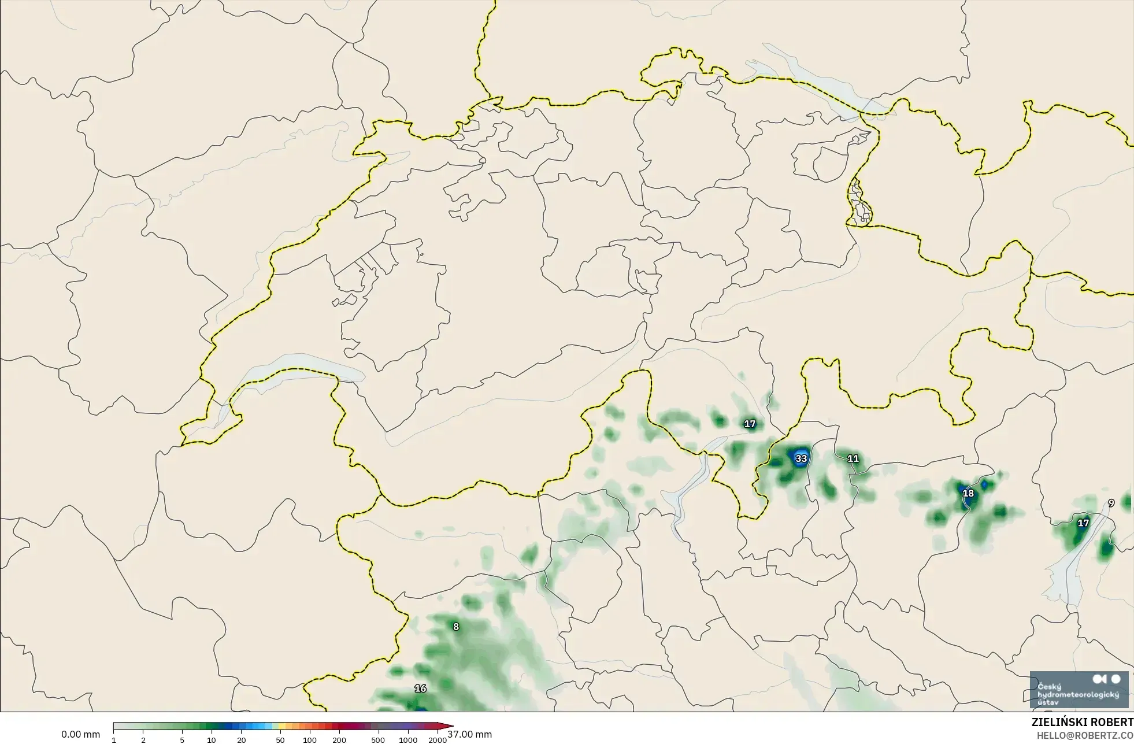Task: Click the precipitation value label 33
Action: coord(801,459)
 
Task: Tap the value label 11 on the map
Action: coord(853,459)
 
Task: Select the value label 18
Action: coord(968,493)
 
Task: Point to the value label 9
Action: coord(1111,504)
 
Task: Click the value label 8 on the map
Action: coord(456,627)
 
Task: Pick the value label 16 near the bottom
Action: coord(420,689)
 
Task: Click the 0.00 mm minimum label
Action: coord(80,735)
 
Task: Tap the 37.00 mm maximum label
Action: coord(469,735)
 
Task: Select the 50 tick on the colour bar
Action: coord(280,740)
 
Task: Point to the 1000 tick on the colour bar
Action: coord(408,740)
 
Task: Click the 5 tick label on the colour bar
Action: coord(182,740)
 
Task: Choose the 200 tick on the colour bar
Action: coord(339,740)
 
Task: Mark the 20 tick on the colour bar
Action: coord(242,740)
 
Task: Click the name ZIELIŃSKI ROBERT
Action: coord(1083,723)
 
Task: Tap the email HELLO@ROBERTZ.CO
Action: coord(1085,735)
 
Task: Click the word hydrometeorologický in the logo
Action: coord(1079,694)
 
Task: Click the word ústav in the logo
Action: coord(1048,702)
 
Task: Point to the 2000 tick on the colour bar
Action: coord(438,740)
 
